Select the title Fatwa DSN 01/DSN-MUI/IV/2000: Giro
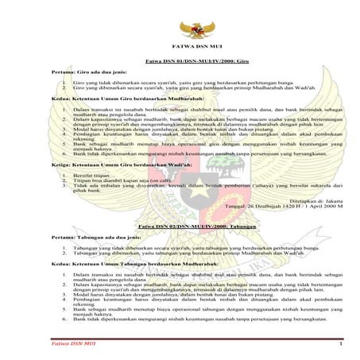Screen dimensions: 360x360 [192, 61]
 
